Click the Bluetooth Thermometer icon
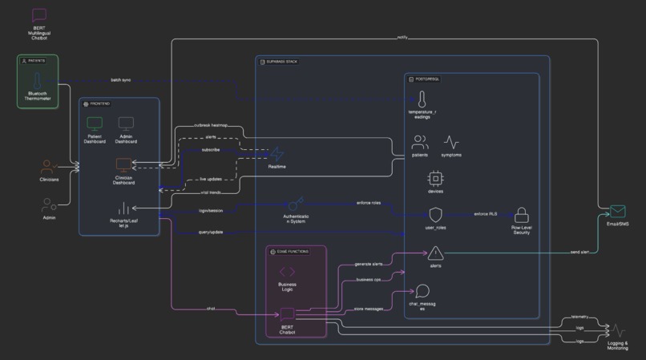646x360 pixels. click(x=37, y=81)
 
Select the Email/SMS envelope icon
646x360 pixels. click(x=617, y=212)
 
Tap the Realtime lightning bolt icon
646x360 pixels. click(x=277, y=153)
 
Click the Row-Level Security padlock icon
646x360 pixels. click(x=522, y=215)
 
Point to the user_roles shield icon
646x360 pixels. click(x=435, y=215)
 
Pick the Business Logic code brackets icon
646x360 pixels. click(x=287, y=273)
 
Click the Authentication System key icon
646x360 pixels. click(x=296, y=204)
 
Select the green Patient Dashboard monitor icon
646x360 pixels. click(x=95, y=124)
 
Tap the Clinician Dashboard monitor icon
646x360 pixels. click(x=123, y=166)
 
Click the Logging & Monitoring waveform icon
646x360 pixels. click(x=617, y=330)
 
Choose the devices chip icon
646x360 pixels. click(x=435, y=179)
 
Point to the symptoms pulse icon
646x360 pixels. click(x=451, y=143)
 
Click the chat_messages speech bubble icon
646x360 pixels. click(x=422, y=292)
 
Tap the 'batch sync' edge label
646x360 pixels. click(x=121, y=80)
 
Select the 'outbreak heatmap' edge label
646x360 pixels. click(x=211, y=125)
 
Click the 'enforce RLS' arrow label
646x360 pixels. click(x=486, y=214)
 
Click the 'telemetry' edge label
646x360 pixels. click(x=580, y=318)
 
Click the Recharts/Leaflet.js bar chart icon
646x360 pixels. click(x=123, y=208)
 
